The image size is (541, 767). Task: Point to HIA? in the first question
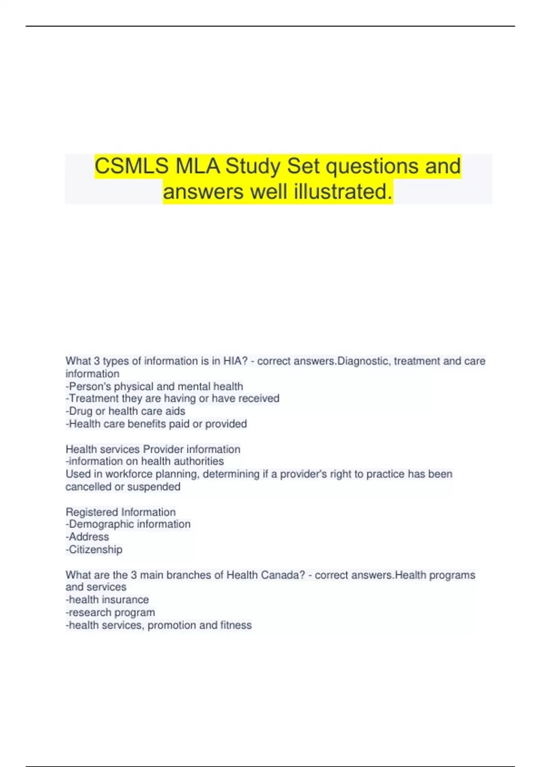click(x=235, y=361)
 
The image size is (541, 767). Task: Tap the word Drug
click(x=81, y=411)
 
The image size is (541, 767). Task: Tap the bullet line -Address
click(x=87, y=536)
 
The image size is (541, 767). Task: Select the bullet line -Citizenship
click(x=94, y=549)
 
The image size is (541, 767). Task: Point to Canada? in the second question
click(x=284, y=575)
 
